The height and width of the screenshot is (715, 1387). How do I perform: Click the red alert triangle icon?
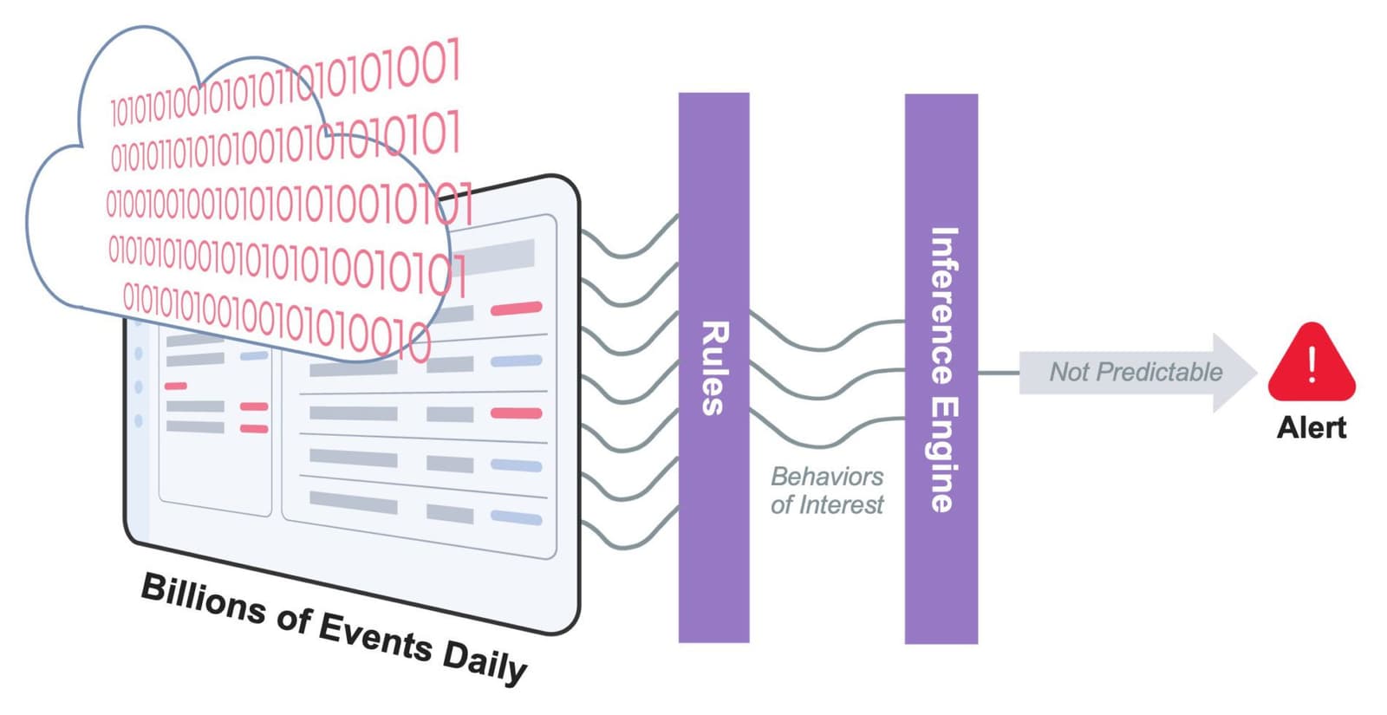[1311, 364]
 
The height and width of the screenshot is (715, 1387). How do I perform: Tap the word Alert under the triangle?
[1312, 427]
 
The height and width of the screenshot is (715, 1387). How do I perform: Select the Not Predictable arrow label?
[1136, 372]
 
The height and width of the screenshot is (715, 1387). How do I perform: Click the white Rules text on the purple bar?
[713, 368]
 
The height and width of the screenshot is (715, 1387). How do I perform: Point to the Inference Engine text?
[943, 369]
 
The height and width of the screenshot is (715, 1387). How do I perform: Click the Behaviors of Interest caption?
[827, 491]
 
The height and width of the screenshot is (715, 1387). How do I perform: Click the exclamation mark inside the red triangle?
[1312, 364]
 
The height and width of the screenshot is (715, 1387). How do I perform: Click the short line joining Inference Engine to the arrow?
[998, 373]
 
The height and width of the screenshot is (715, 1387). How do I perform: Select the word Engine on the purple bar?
[943, 454]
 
